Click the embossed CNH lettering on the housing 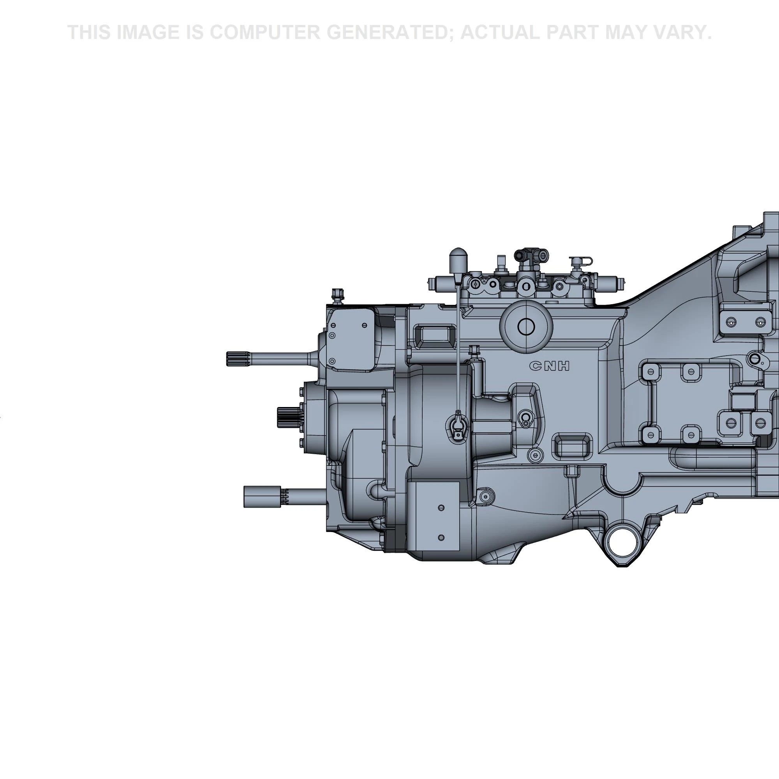[550, 366]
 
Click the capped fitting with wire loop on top [580, 264]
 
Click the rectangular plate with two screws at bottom [434, 516]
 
